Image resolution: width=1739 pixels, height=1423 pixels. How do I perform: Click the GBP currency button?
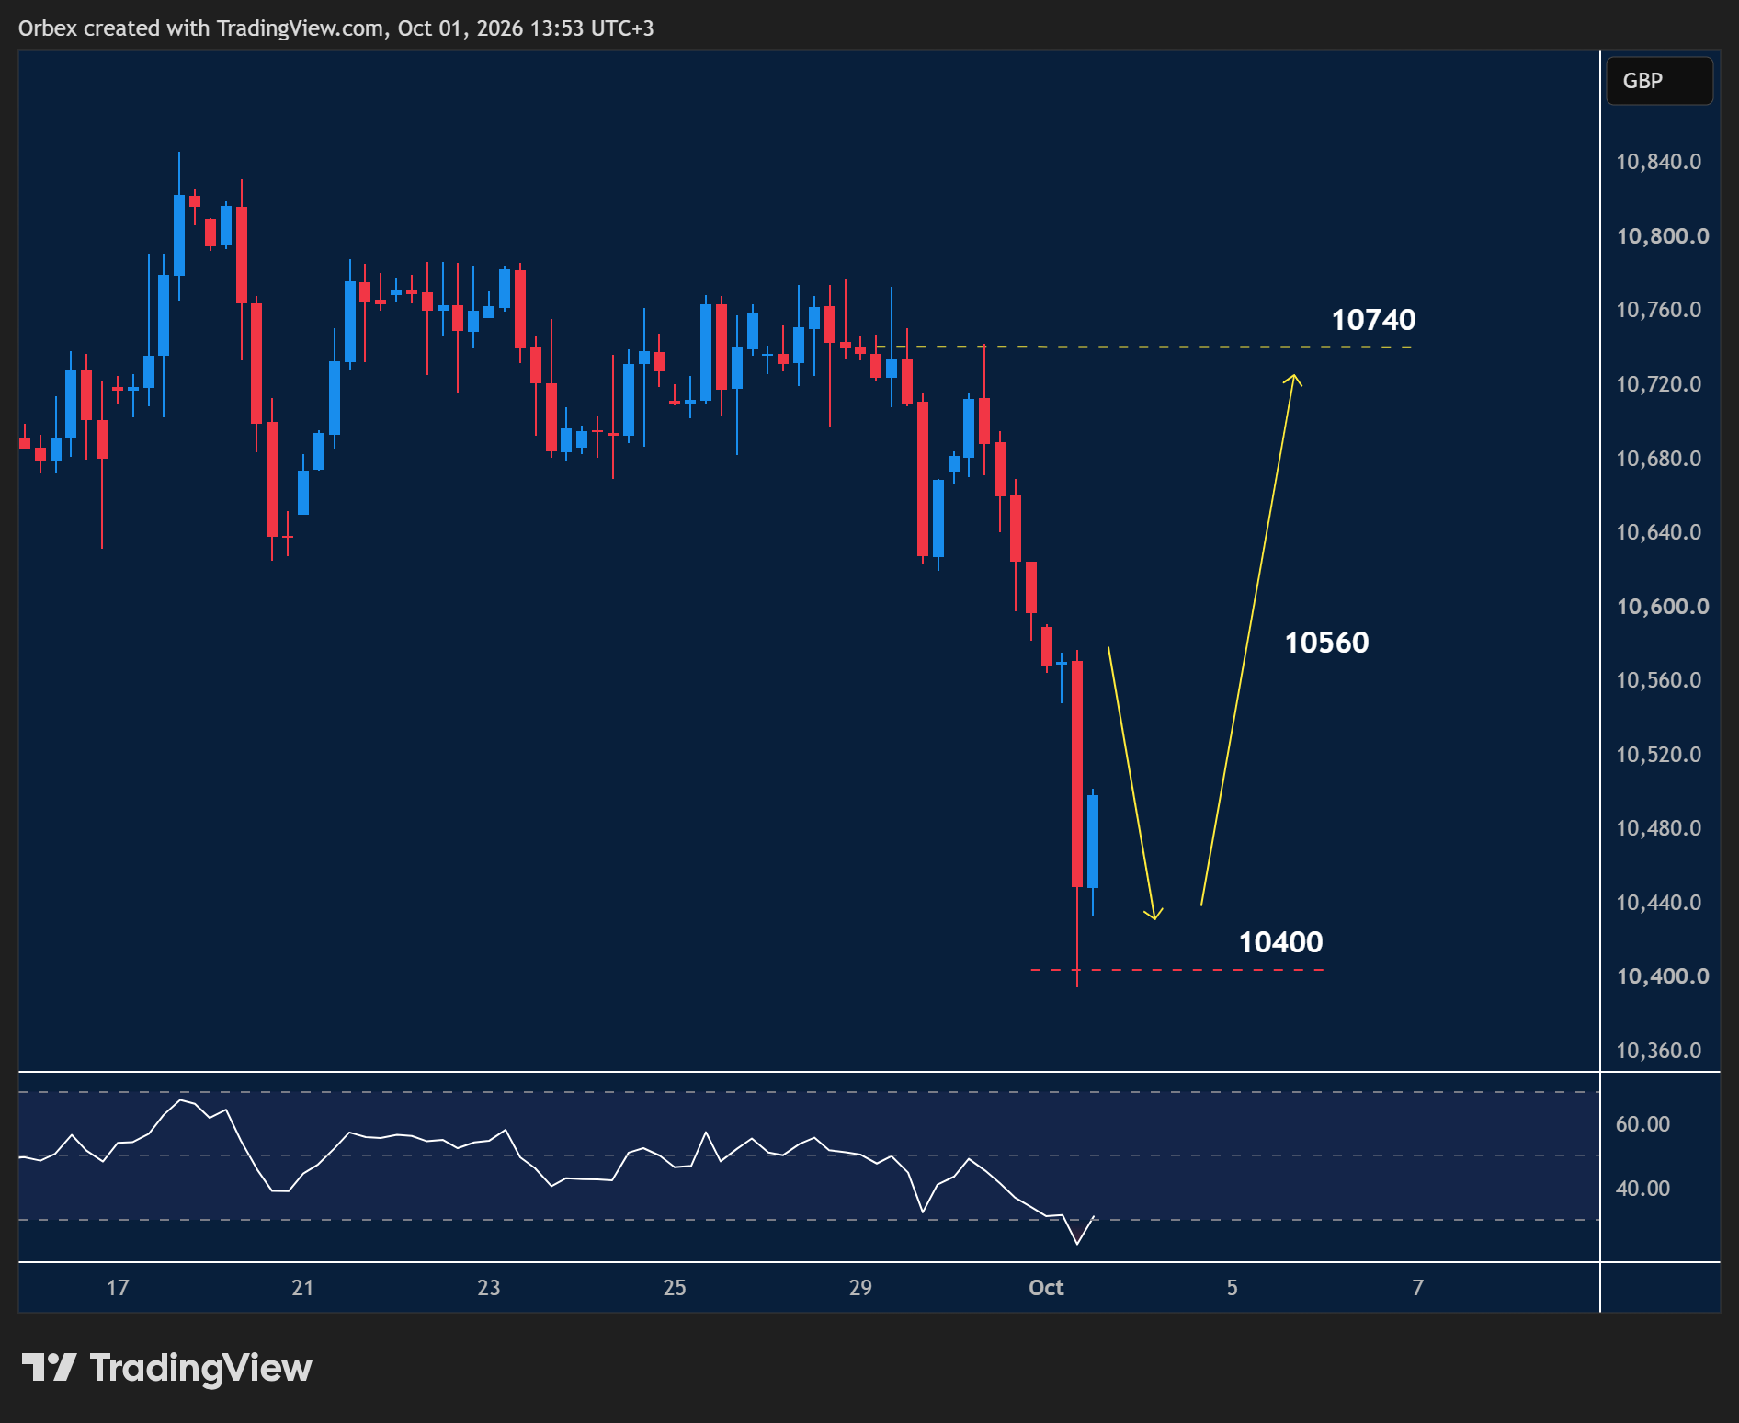[x=1659, y=81]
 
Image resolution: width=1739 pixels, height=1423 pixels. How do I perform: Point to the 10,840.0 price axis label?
[x=1658, y=162]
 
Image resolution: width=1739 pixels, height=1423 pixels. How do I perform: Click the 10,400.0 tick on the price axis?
[x=1662, y=975]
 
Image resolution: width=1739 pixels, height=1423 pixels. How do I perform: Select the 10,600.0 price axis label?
[x=1662, y=606]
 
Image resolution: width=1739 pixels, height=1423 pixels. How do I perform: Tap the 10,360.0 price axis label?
[x=1658, y=1050]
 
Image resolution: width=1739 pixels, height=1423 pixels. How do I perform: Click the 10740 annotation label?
[x=1373, y=320]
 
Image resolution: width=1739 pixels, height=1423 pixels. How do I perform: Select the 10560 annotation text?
[x=1326, y=643]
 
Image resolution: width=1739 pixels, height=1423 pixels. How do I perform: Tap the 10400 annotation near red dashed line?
[x=1280, y=942]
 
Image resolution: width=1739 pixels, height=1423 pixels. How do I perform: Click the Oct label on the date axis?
[x=1046, y=1287]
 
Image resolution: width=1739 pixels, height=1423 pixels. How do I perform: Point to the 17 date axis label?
[x=118, y=1287]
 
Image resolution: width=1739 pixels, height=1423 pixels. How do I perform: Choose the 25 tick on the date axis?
[x=675, y=1287]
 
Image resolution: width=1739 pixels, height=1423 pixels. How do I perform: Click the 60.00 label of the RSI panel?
[x=1642, y=1123]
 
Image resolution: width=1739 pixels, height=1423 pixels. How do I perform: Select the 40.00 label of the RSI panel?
[x=1642, y=1188]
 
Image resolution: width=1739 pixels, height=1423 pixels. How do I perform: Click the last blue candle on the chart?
[x=1093, y=841]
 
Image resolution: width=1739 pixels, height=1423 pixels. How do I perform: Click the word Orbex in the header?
[x=48, y=28]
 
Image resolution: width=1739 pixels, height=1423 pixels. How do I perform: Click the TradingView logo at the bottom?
[x=166, y=1368]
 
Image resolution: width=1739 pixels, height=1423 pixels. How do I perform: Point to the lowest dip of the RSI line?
[x=1077, y=1244]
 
